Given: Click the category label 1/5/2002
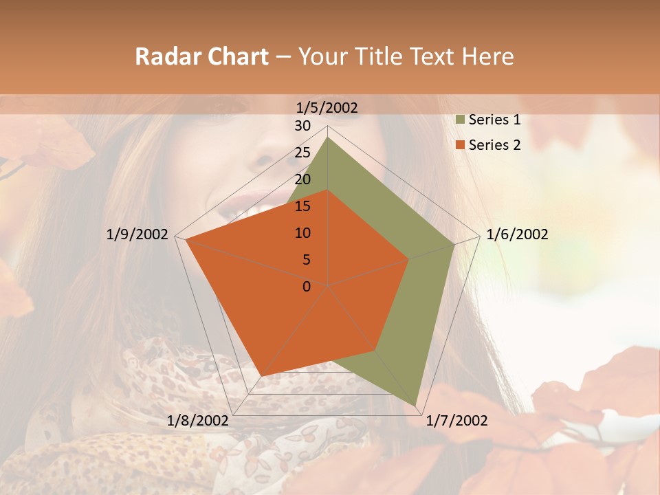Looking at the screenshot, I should (x=327, y=107).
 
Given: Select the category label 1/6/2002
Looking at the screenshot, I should (x=517, y=234).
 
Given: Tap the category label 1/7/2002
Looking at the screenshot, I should (x=456, y=421).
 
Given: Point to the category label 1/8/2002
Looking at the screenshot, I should (x=198, y=421).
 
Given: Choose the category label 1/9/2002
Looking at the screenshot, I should (x=137, y=234).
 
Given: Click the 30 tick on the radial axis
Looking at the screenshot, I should (x=302, y=126).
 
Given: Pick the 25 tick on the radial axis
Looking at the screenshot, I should (x=302, y=153).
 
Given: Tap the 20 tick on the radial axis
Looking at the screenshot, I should (x=302, y=179).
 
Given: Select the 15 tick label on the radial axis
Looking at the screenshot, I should (x=302, y=206).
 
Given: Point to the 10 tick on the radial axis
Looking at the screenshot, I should (x=302, y=233).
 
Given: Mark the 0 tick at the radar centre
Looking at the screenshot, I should (x=307, y=287).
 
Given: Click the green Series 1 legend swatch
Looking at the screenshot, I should (x=461, y=120).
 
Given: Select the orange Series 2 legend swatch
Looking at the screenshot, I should (x=461, y=145).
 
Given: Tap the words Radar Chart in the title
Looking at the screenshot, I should (x=201, y=56).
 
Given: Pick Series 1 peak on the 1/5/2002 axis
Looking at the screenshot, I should (x=328, y=137).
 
